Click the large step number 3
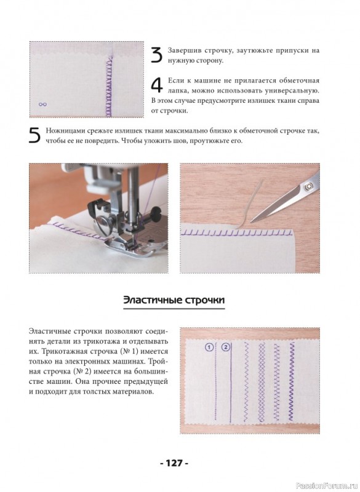pyautogui.click(x=157, y=55)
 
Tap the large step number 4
pyautogui.click(x=157, y=85)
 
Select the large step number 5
pyautogui.click(x=35, y=135)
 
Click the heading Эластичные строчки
pyautogui.click(x=174, y=300)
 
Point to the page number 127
pyautogui.click(x=174, y=463)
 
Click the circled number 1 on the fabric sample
pyautogui.click(x=209, y=347)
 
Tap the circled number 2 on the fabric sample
pyautogui.click(x=226, y=347)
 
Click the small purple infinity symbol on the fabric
pyautogui.click(x=42, y=105)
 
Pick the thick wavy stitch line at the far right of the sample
pyautogui.click(x=292, y=381)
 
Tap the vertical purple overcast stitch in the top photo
pyautogui.click(x=109, y=86)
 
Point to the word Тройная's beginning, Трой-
pyautogui.click(x=159, y=362)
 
